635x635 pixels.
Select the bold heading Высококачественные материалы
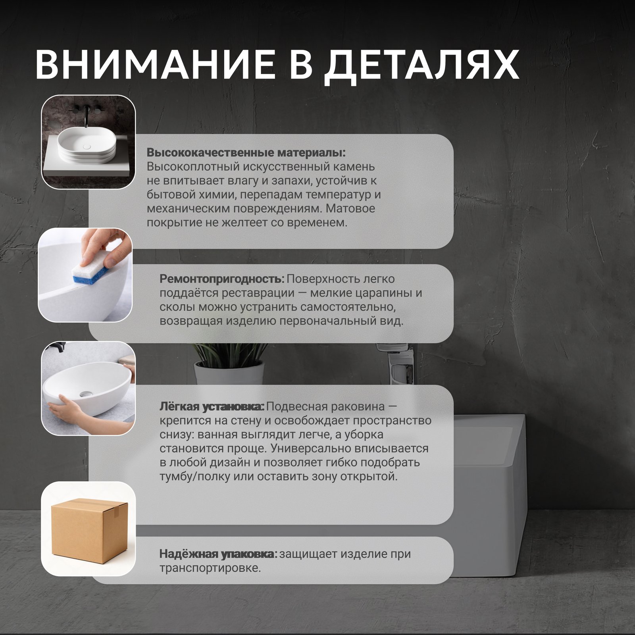coord(246,153)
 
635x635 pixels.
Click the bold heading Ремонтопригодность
coord(222,279)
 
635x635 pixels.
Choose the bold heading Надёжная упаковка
coord(218,554)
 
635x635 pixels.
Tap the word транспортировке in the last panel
coord(210,568)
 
